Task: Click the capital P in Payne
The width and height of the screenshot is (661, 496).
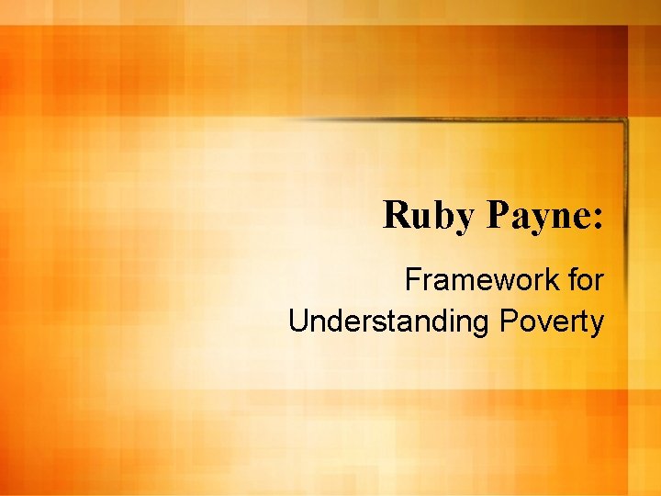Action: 497,215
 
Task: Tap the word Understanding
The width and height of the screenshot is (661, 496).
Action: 391,321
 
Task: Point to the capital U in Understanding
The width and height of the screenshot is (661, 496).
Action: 297,321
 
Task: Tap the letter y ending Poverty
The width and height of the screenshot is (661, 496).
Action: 597,324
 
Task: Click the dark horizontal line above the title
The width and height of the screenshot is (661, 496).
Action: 459,120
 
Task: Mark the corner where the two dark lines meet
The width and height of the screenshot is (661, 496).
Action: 624,121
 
